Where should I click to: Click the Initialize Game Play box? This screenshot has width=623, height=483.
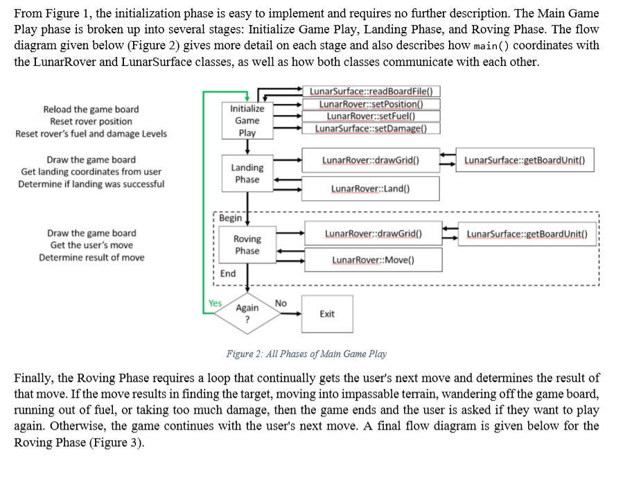(247, 121)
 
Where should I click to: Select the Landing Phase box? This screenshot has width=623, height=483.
(247, 173)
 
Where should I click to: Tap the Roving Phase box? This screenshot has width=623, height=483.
(247, 245)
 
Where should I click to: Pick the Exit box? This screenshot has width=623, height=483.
(327, 314)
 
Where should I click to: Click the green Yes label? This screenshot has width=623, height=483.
(215, 303)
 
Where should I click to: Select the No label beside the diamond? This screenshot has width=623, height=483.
(281, 303)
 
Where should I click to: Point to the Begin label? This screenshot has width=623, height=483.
(230, 218)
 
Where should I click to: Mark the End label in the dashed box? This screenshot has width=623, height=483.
(228, 274)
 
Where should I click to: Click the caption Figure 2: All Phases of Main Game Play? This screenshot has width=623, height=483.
(306, 354)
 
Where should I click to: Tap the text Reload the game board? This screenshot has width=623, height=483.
(91, 109)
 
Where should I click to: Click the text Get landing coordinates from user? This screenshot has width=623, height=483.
(91, 172)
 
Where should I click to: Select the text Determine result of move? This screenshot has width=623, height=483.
(91, 257)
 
